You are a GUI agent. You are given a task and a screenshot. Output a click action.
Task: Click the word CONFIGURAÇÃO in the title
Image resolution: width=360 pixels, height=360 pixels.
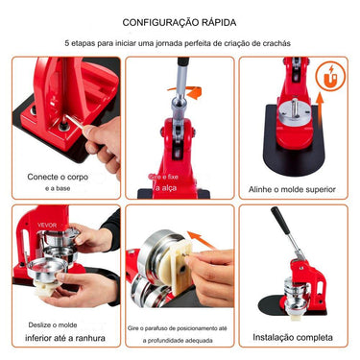[x=156, y=21]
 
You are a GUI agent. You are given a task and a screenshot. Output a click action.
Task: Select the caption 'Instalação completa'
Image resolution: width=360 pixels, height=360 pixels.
[x=292, y=338]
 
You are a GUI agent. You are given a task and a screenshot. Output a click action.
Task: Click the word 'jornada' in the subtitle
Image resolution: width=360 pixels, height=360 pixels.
[x=169, y=44]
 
